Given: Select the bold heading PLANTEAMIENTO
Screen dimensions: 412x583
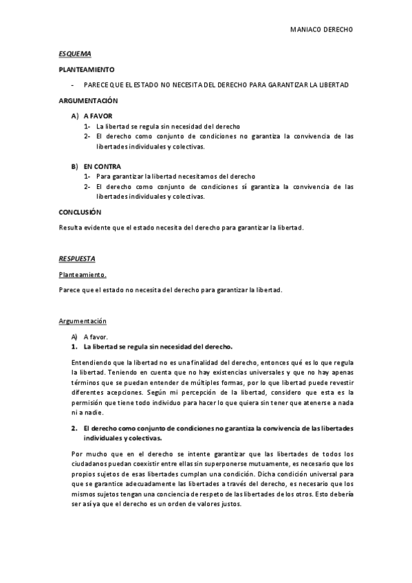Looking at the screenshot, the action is [87, 69].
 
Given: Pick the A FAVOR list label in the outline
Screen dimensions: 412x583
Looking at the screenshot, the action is [98, 116].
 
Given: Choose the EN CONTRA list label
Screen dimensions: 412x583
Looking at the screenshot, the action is [102, 166].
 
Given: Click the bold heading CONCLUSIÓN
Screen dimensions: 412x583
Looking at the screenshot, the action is [80, 212].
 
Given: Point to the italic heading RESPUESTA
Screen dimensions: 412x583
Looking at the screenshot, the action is [77, 258].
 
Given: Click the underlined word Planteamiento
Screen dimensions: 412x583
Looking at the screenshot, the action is [83, 274].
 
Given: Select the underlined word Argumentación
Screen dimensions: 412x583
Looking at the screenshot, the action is [83, 321].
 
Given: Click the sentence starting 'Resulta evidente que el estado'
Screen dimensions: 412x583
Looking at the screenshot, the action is [182, 228].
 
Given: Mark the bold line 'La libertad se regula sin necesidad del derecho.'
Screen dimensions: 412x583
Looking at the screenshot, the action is [158, 346].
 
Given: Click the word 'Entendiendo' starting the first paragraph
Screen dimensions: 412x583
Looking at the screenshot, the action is [90, 362].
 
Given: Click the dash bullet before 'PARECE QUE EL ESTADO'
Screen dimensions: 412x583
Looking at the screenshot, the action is [72, 85].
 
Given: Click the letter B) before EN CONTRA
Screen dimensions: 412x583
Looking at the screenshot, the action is [74, 166].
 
